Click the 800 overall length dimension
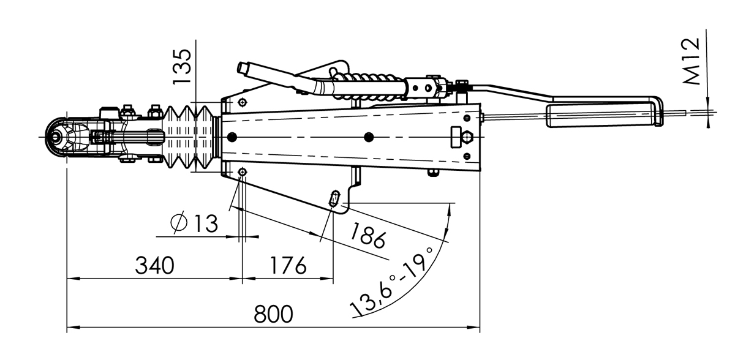[274, 315]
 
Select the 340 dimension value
[154, 266]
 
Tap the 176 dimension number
[287, 266]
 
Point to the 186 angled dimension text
[368, 235]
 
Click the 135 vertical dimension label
[182, 66]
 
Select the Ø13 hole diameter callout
[195, 223]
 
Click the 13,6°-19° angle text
[392, 282]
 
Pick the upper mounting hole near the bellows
[243, 102]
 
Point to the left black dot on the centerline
[231, 137]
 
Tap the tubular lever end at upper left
[244, 67]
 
